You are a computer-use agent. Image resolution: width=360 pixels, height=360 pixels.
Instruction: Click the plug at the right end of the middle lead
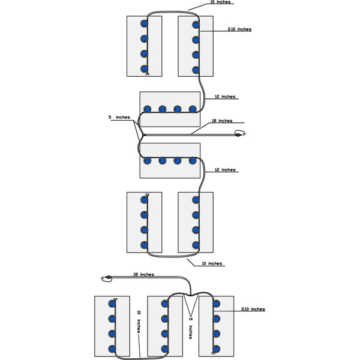coord(240,134)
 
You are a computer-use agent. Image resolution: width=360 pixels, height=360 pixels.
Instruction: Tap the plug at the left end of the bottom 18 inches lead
coord(107,278)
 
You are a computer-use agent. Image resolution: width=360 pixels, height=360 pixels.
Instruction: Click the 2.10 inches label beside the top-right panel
coord(239,29)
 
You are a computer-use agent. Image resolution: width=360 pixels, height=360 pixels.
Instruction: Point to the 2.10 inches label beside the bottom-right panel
coord(253,309)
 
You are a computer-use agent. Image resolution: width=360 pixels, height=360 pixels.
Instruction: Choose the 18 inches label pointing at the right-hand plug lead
coord(221,121)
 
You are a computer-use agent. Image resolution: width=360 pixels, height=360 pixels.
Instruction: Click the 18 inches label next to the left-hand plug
coord(142,274)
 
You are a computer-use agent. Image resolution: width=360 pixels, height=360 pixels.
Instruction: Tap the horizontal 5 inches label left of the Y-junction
coord(119,118)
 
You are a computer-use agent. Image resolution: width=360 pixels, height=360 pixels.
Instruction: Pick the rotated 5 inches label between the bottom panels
coord(191,329)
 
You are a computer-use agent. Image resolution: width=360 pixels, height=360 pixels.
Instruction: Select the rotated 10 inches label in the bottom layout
coord(139,322)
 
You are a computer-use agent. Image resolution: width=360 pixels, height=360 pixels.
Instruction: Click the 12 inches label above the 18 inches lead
coord(225,97)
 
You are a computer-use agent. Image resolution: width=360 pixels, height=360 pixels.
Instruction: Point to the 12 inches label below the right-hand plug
coord(225,170)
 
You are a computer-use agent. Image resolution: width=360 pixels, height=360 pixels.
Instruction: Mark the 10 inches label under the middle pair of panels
coord(212,263)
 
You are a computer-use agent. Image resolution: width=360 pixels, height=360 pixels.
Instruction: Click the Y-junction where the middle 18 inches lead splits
coord(140,135)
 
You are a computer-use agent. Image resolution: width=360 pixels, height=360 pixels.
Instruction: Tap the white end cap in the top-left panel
coord(147,74)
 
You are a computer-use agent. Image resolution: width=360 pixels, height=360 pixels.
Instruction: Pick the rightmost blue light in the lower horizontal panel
coord(193,161)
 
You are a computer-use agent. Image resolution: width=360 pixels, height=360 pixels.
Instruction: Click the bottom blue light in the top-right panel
coord(196,70)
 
